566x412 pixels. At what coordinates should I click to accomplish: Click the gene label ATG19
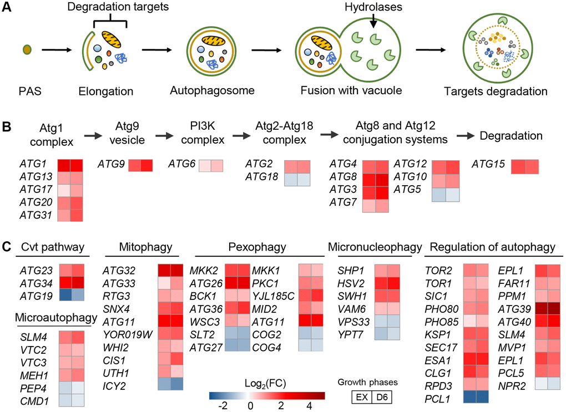tap(36, 296)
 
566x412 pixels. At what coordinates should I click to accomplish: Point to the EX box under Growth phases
tap(362, 397)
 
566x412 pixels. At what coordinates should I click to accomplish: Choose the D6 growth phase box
tap(382, 397)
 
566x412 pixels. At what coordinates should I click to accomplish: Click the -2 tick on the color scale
tap(223, 406)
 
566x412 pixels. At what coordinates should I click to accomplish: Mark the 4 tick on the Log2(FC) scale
tap(309, 406)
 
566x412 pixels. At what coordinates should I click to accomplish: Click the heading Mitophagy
tap(145, 247)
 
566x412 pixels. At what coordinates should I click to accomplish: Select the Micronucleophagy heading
tap(375, 247)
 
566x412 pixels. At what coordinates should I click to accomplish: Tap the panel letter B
tap(7, 127)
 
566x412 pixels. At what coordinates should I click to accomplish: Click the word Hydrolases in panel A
tap(373, 7)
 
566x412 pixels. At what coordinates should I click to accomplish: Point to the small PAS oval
tap(27, 49)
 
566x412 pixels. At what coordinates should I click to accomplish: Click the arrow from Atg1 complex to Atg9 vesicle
tap(93, 136)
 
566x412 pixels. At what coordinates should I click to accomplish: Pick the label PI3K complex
tap(203, 133)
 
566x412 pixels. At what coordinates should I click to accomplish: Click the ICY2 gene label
tap(114, 386)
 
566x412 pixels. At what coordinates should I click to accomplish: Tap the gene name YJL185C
tap(273, 296)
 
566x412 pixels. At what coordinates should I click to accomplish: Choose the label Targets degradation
tap(495, 91)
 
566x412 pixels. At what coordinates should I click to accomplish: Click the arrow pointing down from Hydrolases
tap(373, 21)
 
